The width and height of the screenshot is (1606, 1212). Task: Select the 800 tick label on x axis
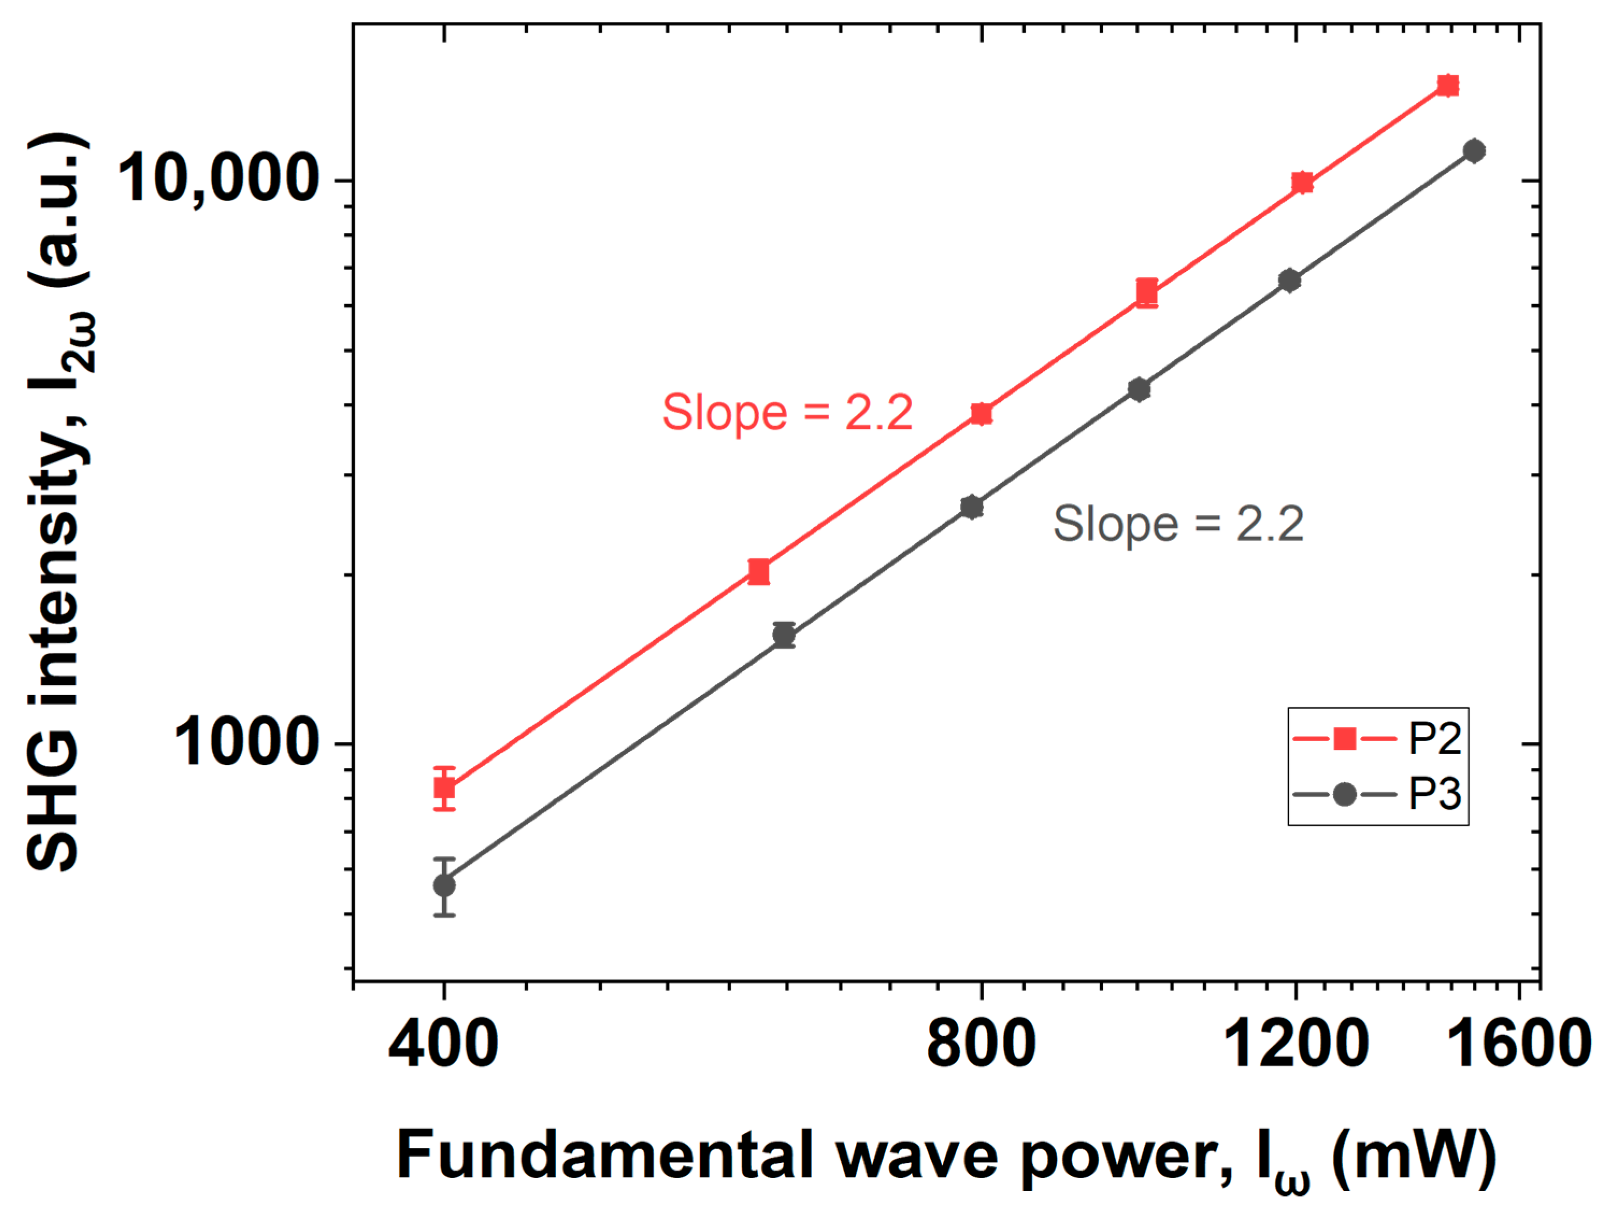[981, 1044]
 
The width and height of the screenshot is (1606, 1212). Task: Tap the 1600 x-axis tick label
[1523, 1044]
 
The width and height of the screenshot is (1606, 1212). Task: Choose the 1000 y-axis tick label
[246, 743]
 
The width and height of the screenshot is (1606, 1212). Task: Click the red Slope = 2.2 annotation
[787, 412]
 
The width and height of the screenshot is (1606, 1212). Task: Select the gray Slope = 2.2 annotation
[1178, 523]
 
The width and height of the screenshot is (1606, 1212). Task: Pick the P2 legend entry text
[1435, 739]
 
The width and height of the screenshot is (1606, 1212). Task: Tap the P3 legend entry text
[1435, 794]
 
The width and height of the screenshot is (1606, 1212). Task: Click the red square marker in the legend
[1345, 739]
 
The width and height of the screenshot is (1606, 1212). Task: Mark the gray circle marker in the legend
[1345, 794]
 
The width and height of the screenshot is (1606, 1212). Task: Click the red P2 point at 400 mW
[444, 788]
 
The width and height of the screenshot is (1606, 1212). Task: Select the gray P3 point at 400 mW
[444, 886]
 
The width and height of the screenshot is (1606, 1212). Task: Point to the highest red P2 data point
[1447, 85]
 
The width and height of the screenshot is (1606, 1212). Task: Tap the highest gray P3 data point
[1474, 151]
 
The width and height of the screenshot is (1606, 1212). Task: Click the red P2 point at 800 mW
[981, 414]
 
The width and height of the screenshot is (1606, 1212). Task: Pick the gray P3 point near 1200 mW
[1290, 281]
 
